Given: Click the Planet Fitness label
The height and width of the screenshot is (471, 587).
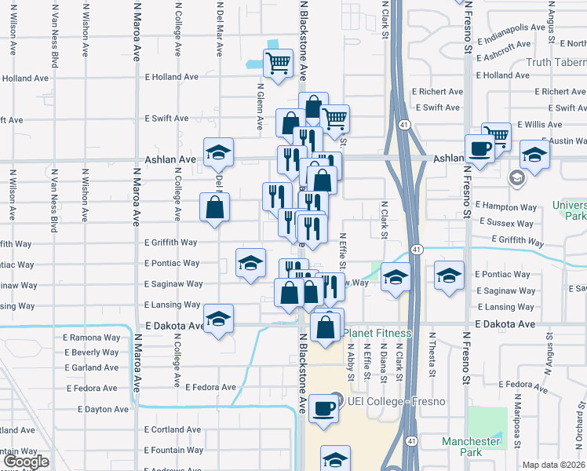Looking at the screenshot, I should click(x=377, y=334).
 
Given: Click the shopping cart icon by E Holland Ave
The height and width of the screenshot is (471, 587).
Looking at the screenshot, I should click(x=278, y=63).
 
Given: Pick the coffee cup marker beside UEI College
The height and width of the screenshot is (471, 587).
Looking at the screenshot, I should click(x=324, y=408).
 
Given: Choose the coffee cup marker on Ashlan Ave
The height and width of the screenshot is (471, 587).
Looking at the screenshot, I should click(x=479, y=148).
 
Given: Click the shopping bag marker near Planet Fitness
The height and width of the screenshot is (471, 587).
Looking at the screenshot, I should click(x=327, y=325).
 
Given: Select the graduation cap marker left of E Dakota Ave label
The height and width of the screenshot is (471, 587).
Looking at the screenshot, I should click(x=219, y=319).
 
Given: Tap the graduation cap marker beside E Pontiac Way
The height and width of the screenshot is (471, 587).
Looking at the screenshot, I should click(x=250, y=262).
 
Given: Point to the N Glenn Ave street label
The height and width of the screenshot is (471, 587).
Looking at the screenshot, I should click(x=259, y=108).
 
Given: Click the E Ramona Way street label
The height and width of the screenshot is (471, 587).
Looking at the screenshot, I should click(x=92, y=338).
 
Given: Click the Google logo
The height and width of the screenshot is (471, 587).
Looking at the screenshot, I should click(x=26, y=462).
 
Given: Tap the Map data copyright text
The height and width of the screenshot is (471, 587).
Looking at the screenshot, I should click(x=553, y=465).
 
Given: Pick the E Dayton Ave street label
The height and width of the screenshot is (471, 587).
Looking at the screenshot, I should click(x=105, y=410).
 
